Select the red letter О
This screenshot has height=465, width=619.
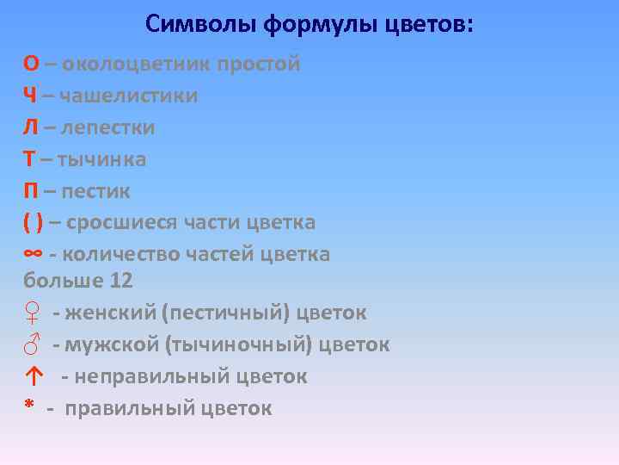(31, 65)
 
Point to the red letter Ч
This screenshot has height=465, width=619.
(30, 96)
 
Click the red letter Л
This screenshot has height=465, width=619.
(30, 127)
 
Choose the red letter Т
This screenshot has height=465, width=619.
(29, 159)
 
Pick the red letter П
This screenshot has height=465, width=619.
(30, 190)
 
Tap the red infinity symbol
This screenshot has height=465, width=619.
(33, 254)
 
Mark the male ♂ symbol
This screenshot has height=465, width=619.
(31, 345)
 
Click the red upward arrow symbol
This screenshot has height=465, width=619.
(33, 376)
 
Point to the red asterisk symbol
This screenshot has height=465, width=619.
(28, 407)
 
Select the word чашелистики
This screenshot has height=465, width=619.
(130, 96)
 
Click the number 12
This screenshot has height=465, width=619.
(121, 281)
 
